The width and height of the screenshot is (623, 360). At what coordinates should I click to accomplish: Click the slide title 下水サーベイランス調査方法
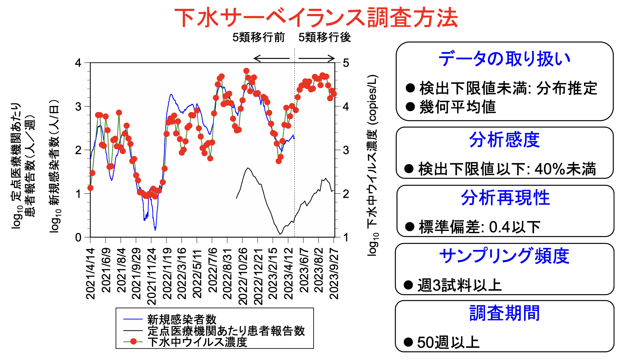316,18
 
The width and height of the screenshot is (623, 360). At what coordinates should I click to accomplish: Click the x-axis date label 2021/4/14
90,273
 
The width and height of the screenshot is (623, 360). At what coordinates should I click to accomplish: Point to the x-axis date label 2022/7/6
212,270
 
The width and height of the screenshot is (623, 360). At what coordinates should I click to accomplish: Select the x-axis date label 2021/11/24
151,276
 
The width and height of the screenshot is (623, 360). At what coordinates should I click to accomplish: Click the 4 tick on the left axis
78,63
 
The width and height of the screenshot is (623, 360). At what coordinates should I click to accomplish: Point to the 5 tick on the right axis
346,63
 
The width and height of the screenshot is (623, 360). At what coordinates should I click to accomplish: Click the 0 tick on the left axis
78,237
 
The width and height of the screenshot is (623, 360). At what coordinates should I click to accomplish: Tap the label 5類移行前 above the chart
258,37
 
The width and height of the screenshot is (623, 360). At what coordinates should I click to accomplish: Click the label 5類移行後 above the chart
324,37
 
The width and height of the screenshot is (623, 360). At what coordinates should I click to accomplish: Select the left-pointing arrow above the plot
271,58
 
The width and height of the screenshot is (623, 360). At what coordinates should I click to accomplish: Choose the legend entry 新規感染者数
182,319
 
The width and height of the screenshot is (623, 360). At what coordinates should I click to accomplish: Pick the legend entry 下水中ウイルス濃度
197,342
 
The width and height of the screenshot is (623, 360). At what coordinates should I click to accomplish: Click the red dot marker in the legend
133,342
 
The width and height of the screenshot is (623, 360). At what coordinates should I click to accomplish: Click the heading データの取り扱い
504,59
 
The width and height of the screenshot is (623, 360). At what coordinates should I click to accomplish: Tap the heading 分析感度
504,140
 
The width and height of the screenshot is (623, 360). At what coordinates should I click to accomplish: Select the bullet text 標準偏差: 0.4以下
479,227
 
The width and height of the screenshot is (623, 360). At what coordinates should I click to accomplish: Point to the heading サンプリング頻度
504,256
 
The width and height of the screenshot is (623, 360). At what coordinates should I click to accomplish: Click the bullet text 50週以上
448,342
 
